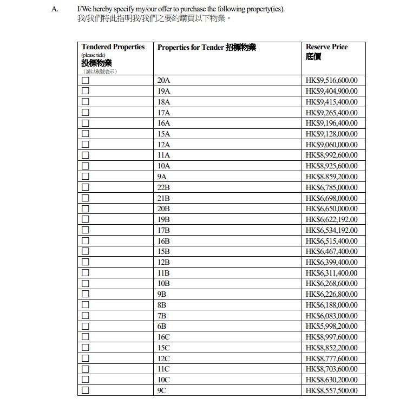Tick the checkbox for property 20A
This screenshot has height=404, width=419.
pyautogui.click(x=86, y=81)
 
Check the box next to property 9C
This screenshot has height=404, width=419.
pyautogui.click(x=86, y=390)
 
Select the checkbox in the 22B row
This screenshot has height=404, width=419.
pyautogui.click(x=86, y=187)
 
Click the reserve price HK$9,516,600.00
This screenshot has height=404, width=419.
pyautogui.click(x=331, y=81)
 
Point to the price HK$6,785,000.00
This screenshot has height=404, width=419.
pyautogui.click(x=331, y=187)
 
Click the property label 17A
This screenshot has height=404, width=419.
pyautogui.click(x=163, y=113)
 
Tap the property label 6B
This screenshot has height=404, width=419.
pyautogui.click(x=162, y=327)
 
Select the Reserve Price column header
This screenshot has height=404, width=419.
pyautogui.click(x=326, y=47)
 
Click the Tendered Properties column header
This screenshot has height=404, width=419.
pyautogui.click(x=113, y=47)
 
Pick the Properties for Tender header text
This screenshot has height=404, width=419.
pyautogui.click(x=206, y=48)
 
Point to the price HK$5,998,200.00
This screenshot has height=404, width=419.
pyautogui.click(x=331, y=327)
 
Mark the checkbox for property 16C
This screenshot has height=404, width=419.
pyautogui.click(x=86, y=337)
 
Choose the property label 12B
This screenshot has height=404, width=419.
pyautogui.click(x=163, y=262)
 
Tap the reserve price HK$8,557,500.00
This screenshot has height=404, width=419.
pyautogui.click(x=331, y=390)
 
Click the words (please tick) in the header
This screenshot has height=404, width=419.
pyautogui.click(x=93, y=55)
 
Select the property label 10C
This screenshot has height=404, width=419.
pyautogui.click(x=163, y=380)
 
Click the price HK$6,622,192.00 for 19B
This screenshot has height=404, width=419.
pyautogui.click(x=331, y=219)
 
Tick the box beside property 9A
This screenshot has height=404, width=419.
pyautogui.click(x=86, y=177)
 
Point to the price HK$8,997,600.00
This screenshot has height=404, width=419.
pyautogui.click(x=331, y=337)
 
